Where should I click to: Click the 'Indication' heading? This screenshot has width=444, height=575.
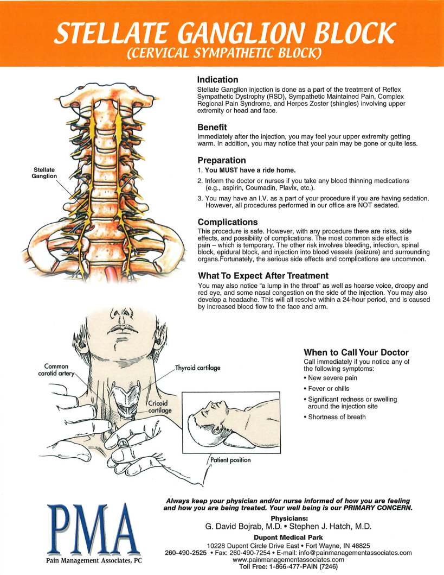217,80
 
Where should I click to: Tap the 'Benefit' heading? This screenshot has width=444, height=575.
212,128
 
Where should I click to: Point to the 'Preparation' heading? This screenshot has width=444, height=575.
221,160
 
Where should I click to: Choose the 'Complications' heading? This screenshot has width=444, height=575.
228,222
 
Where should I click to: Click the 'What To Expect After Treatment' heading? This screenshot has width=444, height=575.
263,275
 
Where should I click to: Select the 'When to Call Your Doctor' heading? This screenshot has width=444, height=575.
356,352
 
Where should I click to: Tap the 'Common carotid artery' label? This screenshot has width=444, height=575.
56,370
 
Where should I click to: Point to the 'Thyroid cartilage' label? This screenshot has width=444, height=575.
198,368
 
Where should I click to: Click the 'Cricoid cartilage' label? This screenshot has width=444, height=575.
160,407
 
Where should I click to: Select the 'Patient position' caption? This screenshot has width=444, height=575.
230,460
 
